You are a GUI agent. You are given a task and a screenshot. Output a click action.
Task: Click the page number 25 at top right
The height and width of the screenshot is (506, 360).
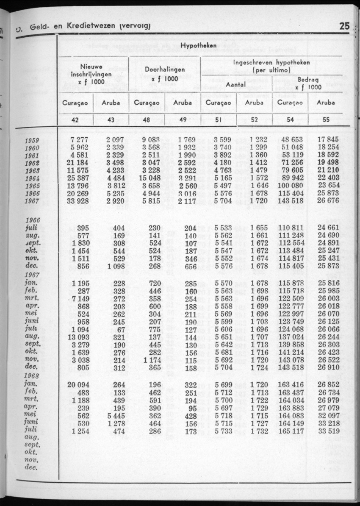(x=344, y=27)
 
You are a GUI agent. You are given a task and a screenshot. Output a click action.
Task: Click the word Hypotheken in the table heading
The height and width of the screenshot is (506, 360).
(x=199, y=45)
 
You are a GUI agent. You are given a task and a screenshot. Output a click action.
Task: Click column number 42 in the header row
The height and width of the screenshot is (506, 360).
(x=75, y=120)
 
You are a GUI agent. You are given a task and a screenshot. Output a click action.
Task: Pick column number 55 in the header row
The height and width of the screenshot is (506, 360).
(x=326, y=120)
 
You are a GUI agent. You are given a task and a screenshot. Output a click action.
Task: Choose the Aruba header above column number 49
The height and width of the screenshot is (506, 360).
(x=183, y=103)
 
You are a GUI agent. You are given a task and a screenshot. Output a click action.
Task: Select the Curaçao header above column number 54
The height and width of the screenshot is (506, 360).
(x=290, y=103)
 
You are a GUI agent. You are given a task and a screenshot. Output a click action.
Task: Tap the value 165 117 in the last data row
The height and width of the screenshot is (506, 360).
(x=288, y=431)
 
